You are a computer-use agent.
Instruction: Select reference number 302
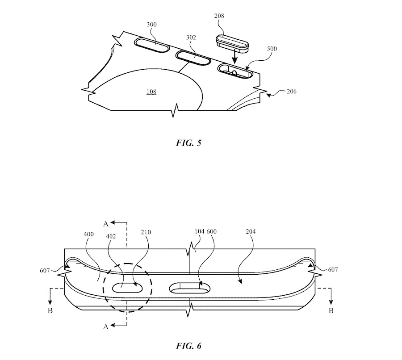[191, 38]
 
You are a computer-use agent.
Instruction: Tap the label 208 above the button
[219, 16]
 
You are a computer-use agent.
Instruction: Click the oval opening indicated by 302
[193, 58]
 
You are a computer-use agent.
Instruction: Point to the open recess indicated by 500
[234, 71]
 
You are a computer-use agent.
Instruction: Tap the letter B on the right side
[331, 311]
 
